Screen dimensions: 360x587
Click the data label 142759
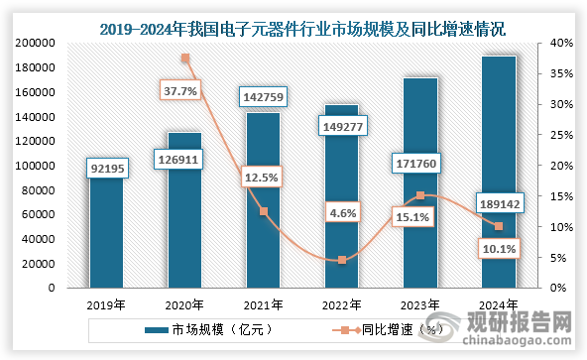(x=262, y=97)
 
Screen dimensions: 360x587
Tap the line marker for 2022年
(x=341, y=260)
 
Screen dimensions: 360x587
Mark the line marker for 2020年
(x=184, y=59)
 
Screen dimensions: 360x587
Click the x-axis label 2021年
(x=262, y=304)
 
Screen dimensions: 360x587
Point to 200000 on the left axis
(x=33, y=44)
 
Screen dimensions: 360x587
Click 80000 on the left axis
(x=37, y=190)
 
